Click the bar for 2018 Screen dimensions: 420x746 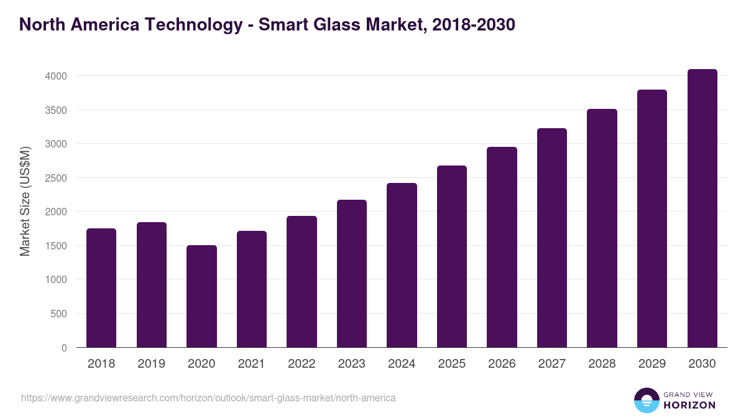coord(101,287)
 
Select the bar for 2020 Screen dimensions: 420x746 coord(201,296)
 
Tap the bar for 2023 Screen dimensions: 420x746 coord(352,273)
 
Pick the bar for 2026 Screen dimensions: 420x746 coord(502,247)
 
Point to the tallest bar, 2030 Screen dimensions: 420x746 coord(702,208)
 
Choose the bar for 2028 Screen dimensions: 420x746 coord(602,228)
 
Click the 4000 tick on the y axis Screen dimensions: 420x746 coord(56,76)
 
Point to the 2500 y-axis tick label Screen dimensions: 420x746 coord(56,178)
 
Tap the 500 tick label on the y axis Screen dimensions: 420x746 coord(59,314)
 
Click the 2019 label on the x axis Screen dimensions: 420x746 coord(151,364)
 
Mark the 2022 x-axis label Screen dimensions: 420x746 coord(302,364)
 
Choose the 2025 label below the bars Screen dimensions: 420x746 coord(451,364)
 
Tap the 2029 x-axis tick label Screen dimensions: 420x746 coord(652,364)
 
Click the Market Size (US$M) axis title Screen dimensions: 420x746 coord(25,201)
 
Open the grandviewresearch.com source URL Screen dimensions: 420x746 coord(208,398)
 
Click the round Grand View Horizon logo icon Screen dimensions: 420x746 coord(646,400)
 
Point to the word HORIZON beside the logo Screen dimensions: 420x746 coord(690,405)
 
